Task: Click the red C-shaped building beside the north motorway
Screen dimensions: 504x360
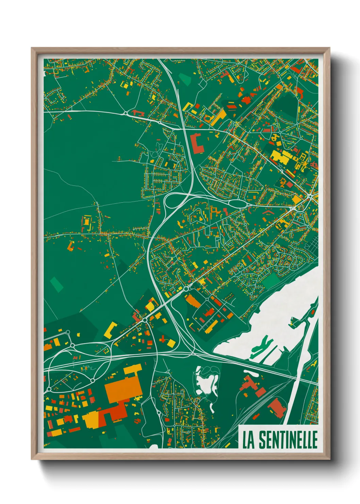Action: (x=197, y=144)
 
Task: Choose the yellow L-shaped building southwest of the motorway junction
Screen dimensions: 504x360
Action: (x=111, y=330)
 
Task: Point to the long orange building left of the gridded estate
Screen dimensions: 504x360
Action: (x=193, y=301)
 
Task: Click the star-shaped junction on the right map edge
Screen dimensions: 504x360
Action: (x=310, y=196)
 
